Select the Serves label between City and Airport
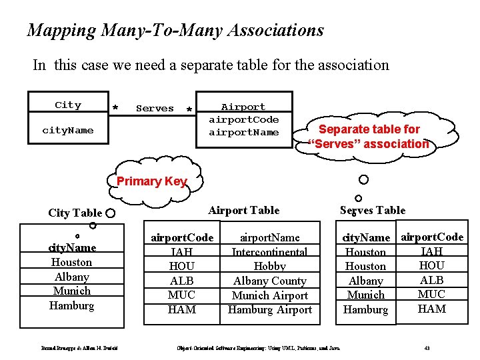tap(155, 108)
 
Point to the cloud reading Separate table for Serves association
tap(369, 137)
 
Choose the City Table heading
tap(75, 213)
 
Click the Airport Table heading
tap(243, 210)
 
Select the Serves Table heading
tap(372, 210)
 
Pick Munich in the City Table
tap(71, 291)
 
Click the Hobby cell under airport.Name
tap(269, 266)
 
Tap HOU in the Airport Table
tap(181, 266)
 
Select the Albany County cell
tap(269, 281)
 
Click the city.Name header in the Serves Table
tap(365, 237)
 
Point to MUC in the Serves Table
tap(431, 294)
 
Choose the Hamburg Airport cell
tap(269, 309)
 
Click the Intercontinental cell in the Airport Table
tap(269, 252)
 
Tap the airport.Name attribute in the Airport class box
tap(243, 132)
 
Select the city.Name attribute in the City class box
tap(67, 130)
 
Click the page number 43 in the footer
tap(426, 348)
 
